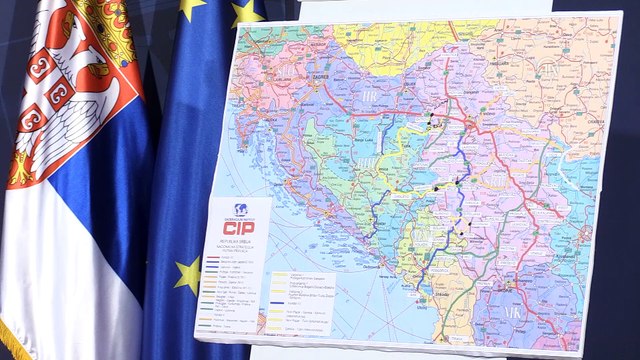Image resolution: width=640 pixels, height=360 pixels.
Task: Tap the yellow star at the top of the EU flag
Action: [x=190, y=8]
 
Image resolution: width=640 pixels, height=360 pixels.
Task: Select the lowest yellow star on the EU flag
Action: [x=188, y=274]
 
